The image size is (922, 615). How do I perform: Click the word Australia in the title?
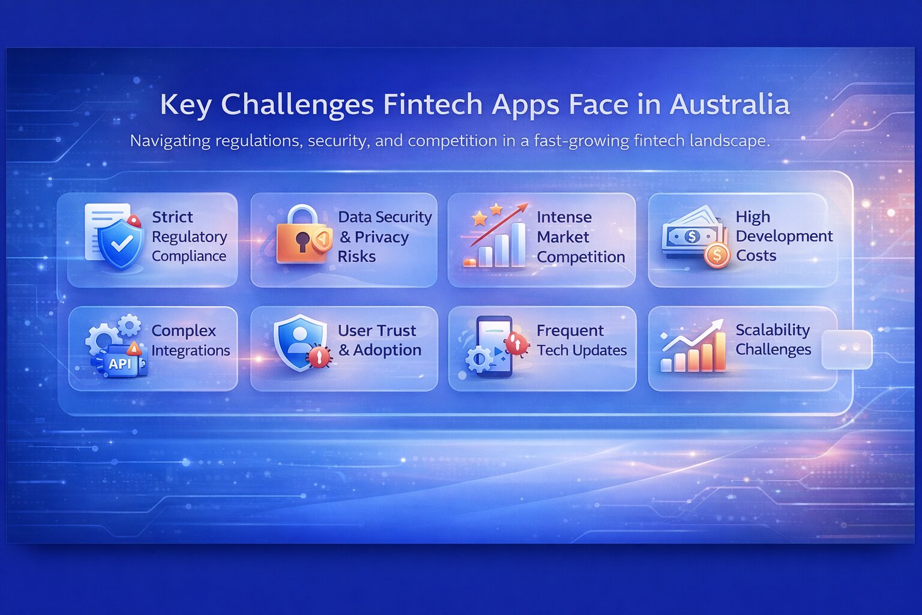[729, 105]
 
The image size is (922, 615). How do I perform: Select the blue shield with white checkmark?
[121, 243]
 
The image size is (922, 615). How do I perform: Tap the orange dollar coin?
[716, 255]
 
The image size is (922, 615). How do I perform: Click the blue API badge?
[120, 363]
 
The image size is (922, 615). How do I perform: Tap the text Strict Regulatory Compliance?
[188, 236]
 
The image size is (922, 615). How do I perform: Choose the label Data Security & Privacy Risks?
[384, 237]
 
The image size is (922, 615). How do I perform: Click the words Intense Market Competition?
[580, 237]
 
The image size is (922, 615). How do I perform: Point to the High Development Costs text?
[783, 236]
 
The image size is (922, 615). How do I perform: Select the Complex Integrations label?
[190, 340]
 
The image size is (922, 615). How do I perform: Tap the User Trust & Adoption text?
[379, 340]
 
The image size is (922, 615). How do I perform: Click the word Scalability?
[773, 330]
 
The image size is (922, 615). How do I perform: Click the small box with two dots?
[846, 348]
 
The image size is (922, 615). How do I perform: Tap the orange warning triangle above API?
[134, 348]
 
